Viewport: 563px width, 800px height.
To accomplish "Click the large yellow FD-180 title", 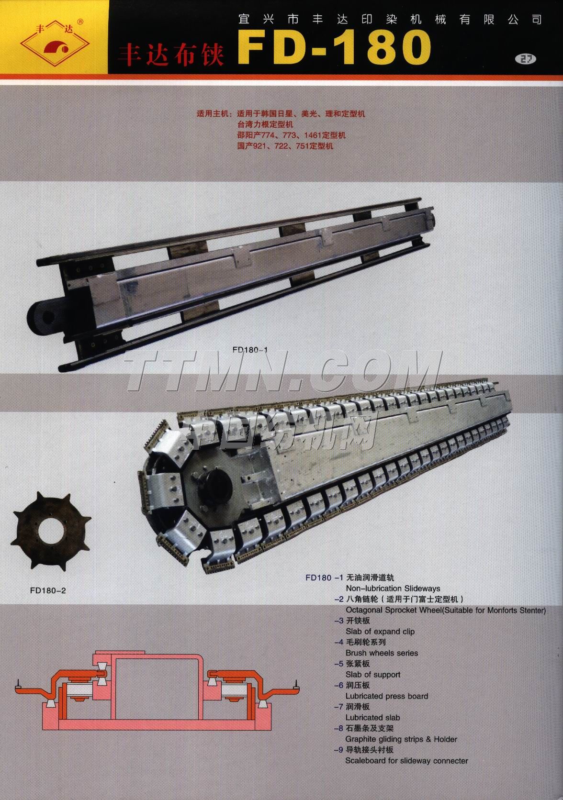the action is pyautogui.click(x=334, y=47).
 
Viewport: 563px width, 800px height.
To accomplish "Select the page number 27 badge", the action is pyautogui.click(x=526, y=58).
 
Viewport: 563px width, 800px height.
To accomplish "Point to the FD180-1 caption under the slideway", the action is pyautogui.click(x=250, y=350).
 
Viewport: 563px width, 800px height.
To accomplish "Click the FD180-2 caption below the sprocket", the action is pyautogui.click(x=48, y=590).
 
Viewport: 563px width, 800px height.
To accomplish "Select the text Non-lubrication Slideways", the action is pyautogui.click(x=393, y=588).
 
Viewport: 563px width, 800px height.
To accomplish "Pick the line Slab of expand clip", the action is pyautogui.click(x=380, y=632).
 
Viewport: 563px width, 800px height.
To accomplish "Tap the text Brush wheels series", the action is pyautogui.click(x=382, y=653).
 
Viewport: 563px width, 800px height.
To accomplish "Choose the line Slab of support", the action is pyautogui.click(x=373, y=675).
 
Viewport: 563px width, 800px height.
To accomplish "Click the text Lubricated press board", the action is pyautogui.click(x=387, y=696).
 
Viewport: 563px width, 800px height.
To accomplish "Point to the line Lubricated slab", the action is pyautogui.click(x=372, y=718).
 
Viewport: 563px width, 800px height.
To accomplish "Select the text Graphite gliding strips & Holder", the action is pyautogui.click(x=401, y=739).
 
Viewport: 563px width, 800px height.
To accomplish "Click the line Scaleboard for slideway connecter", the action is pyautogui.click(x=406, y=761).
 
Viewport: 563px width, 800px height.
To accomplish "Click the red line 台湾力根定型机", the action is pyautogui.click(x=265, y=124).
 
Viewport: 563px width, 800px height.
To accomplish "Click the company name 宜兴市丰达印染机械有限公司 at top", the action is pyautogui.click(x=390, y=19).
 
